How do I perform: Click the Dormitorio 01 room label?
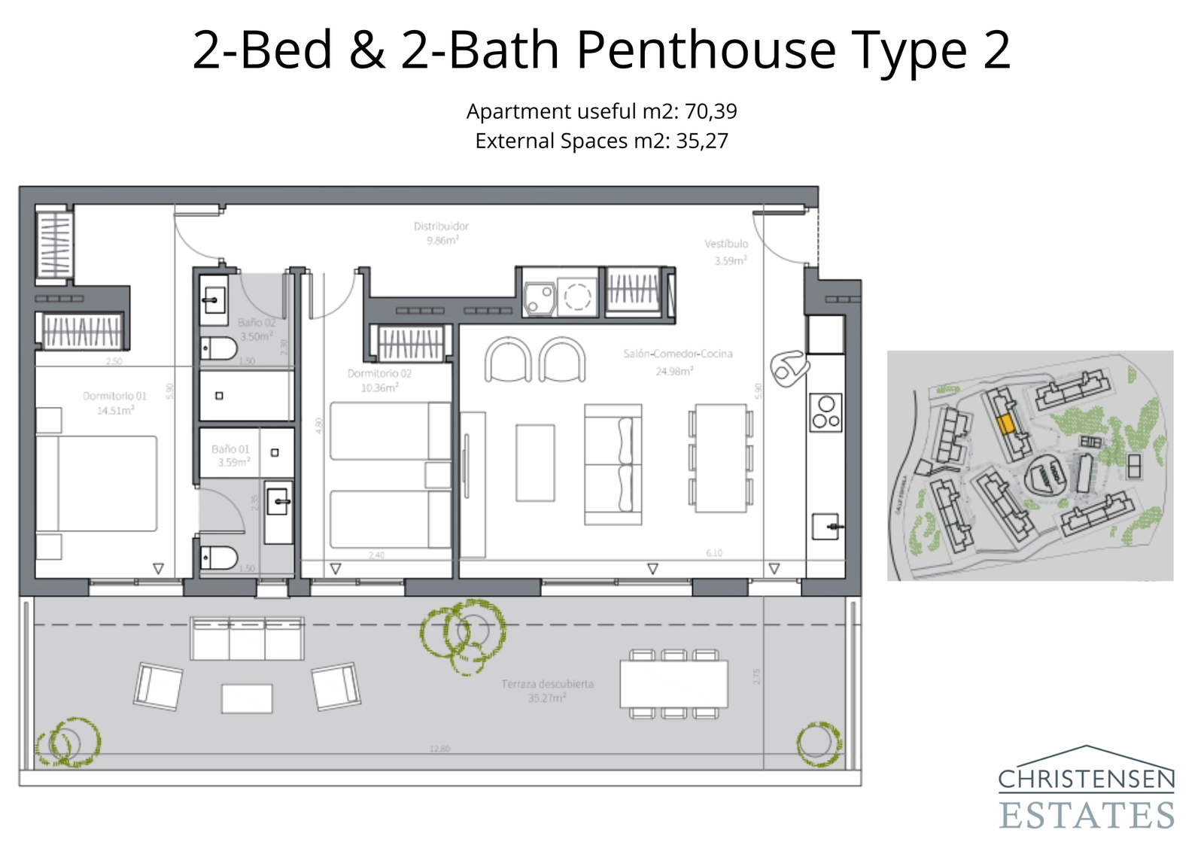pyautogui.click(x=114, y=403)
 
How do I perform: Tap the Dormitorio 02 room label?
pyautogui.click(x=379, y=380)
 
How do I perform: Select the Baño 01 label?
pyautogui.click(x=230, y=455)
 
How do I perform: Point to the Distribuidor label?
pyautogui.click(x=441, y=233)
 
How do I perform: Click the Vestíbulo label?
pyautogui.click(x=727, y=251)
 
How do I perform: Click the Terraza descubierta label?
pyautogui.click(x=547, y=690)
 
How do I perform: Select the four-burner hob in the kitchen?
pyautogui.click(x=825, y=412)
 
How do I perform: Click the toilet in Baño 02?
pyautogui.click(x=219, y=348)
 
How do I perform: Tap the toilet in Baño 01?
pyautogui.click(x=219, y=558)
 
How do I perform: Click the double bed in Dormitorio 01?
pyautogui.click(x=98, y=483)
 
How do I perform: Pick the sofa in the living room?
pyautogui.click(x=613, y=464)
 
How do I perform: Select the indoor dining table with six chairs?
pyautogui.click(x=720, y=458)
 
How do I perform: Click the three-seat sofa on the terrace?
pyautogui.click(x=247, y=638)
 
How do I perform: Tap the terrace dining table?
pyautogui.click(x=673, y=683)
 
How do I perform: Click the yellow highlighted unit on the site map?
pyautogui.click(x=1005, y=424)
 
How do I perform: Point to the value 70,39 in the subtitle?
pyautogui.click(x=710, y=111)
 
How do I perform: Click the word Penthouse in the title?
pyautogui.click(x=706, y=50)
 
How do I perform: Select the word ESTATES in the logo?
pyautogui.click(x=1087, y=816)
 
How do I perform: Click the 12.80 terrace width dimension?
pyautogui.click(x=439, y=749)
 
